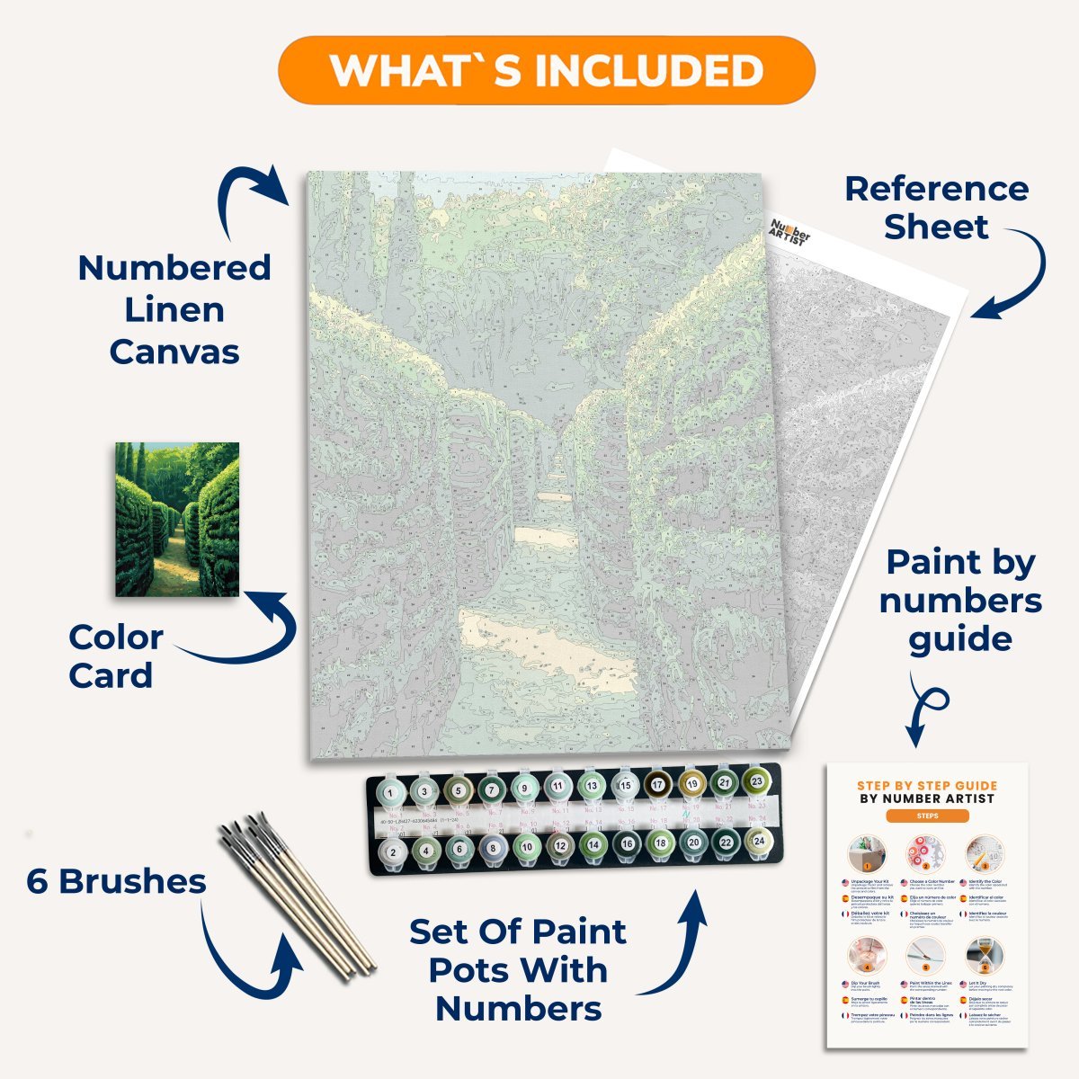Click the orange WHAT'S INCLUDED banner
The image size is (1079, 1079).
[x=546, y=70]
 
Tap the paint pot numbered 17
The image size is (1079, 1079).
[x=657, y=785]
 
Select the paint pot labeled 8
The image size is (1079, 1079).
[x=493, y=847]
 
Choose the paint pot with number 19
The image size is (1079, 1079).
[x=691, y=783]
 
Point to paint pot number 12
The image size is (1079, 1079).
[x=559, y=846]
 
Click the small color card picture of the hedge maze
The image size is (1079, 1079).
[x=177, y=519]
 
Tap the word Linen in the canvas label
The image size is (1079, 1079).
[x=174, y=309]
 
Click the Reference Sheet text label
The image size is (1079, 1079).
[x=936, y=208]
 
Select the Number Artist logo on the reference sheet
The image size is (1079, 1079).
[x=790, y=235]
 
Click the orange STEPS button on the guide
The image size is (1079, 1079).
[x=927, y=816]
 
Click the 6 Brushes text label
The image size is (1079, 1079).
[x=116, y=881]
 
